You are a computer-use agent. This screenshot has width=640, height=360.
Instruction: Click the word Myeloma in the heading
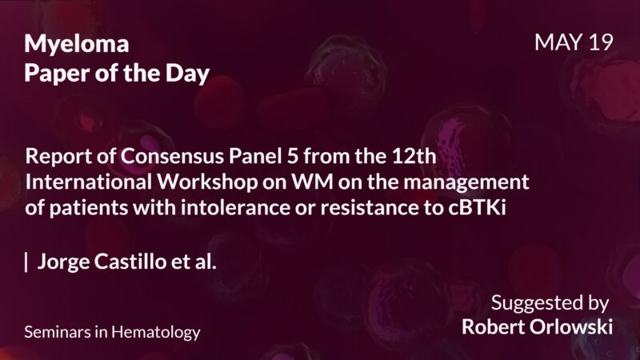point(77,45)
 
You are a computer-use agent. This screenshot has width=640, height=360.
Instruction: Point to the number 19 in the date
point(599,43)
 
